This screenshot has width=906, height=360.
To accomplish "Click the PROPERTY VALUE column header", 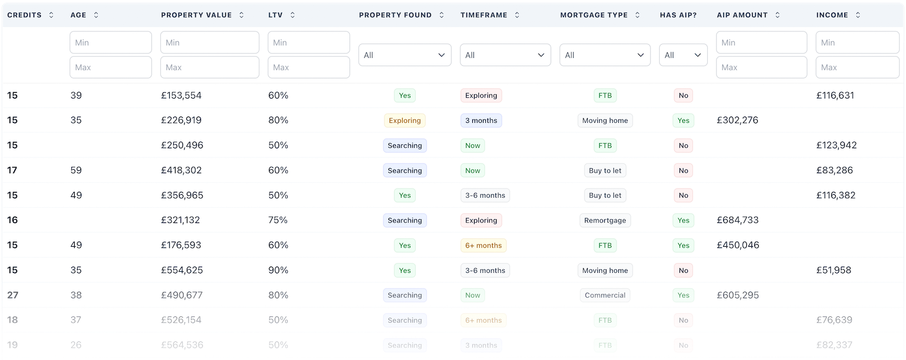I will click(x=196, y=15).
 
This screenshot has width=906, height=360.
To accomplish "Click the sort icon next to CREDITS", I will click(x=52, y=15).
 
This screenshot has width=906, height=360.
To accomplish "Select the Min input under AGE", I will click(x=110, y=42).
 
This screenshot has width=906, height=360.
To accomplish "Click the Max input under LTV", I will click(x=309, y=67).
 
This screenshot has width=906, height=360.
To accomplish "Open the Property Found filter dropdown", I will click(x=405, y=55).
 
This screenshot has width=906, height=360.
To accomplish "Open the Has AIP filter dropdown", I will click(x=683, y=55).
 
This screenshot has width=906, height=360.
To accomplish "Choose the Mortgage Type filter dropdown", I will click(x=605, y=55).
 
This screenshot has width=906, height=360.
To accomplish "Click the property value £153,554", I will click(x=181, y=96).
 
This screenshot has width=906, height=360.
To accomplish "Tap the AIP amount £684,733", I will click(x=737, y=220).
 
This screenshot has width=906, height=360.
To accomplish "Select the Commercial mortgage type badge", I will click(x=605, y=295).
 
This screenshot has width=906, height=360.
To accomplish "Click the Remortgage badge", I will click(x=605, y=221).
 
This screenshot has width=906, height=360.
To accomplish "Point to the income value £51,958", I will click(x=834, y=270).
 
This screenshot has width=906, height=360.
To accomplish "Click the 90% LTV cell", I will click(x=278, y=270).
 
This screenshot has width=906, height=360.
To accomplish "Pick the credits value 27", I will click(x=12, y=295).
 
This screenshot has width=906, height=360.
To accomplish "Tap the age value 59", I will click(x=76, y=170).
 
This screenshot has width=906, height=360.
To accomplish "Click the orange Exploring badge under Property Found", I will click(x=404, y=121).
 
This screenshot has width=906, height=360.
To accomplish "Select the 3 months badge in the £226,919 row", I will click(x=481, y=121).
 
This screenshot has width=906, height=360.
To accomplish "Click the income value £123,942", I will click(x=836, y=145).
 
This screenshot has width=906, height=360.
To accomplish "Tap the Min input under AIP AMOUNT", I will click(x=761, y=42).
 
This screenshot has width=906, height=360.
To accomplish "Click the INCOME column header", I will click(x=832, y=15).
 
